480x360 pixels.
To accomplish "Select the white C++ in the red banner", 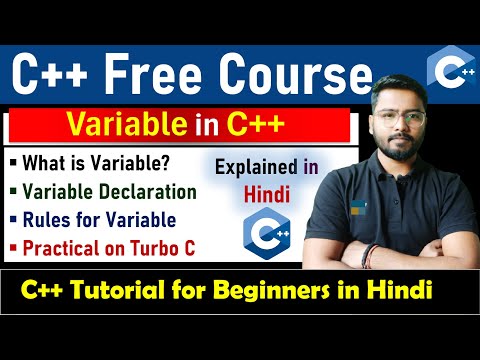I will coord(256,127).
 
